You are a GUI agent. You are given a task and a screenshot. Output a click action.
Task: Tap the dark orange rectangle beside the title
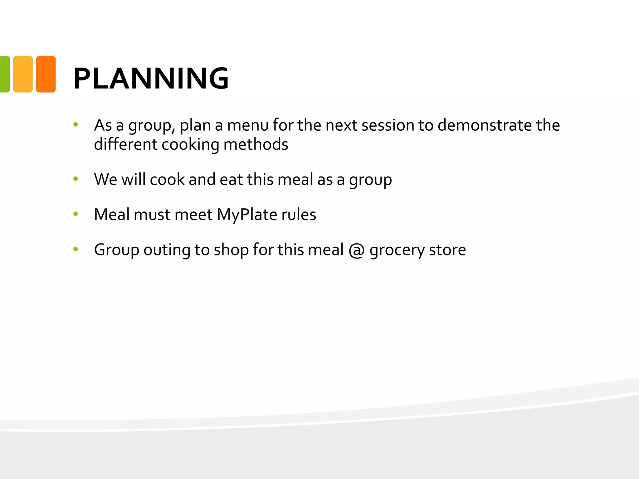pyautogui.click(x=46, y=74)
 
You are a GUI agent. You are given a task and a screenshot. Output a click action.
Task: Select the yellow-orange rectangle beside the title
pyautogui.click(x=23, y=74)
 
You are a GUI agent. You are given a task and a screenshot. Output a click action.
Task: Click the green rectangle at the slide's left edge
pyautogui.click(x=4, y=74)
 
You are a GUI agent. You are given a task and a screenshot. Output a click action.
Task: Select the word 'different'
pyautogui.click(x=126, y=144)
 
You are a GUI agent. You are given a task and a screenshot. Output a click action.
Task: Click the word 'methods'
pyautogui.click(x=256, y=144)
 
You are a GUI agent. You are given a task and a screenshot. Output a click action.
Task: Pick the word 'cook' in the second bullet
pyautogui.click(x=167, y=180)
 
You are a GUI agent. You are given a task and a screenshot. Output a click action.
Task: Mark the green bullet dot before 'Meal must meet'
pyautogui.click(x=76, y=214)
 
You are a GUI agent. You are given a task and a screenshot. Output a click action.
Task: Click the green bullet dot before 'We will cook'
pyautogui.click(x=76, y=179)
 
